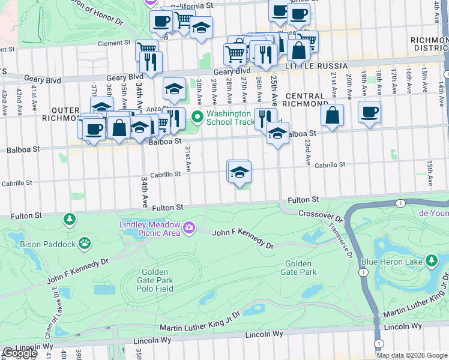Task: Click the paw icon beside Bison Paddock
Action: click(86, 244)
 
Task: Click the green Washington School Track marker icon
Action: click(197, 116)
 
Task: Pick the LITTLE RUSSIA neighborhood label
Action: click(316, 65)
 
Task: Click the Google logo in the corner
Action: click(20, 353)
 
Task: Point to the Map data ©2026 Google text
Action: click(412, 355)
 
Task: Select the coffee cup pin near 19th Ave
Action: click(369, 112)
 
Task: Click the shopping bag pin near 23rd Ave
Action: click(332, 115)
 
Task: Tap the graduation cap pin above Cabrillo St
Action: click(239, 172)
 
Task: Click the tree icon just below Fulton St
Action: click(71, 220)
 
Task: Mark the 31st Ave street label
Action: click(187, 157)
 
